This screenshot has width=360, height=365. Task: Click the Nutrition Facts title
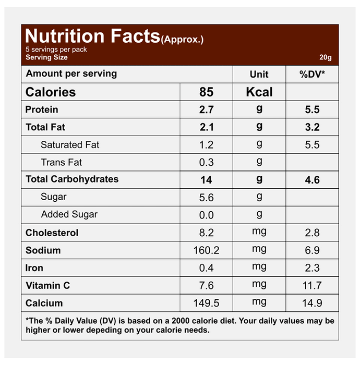(x=92, y=36)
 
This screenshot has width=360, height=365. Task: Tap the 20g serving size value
(x=326, y=58)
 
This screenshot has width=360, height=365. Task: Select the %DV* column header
(x=312, y=75)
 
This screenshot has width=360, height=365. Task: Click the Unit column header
(x=259, y=75)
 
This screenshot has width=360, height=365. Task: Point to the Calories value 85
(x=206, y=92)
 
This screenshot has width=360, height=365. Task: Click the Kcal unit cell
(x=259, y=92)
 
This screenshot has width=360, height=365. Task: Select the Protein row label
(x=42, y=110)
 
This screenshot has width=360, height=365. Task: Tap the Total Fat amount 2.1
(x=206, y=127)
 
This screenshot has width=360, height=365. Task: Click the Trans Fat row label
(x=62, y=162)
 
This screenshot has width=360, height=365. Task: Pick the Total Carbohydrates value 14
(x=206, y=180)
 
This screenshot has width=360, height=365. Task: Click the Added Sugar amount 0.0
(x=206, y=215)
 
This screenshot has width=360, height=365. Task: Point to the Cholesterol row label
(x=52, y=233)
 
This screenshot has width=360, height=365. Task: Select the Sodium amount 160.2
(x=206, y=250)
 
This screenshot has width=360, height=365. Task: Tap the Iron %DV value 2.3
(x=312, y=268)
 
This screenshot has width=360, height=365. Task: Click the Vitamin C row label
(x=47, y=286)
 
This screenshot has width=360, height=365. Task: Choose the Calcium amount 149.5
(x=206, y=303)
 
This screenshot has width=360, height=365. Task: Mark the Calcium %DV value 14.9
(x=312, y=303)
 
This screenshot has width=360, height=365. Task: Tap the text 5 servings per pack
(x=56, y=50)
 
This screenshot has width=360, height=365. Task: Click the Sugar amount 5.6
(x=206, y=197)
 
